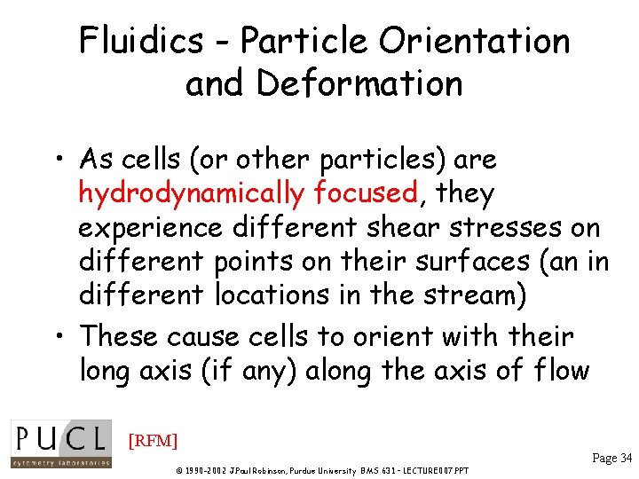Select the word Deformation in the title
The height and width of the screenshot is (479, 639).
[359, 83]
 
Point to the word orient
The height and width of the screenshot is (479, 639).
[411, 337]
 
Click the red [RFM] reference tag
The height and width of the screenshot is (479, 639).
[154, 440]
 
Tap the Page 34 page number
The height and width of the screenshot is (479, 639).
[611, 458]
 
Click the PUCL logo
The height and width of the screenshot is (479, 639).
[61, 444]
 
